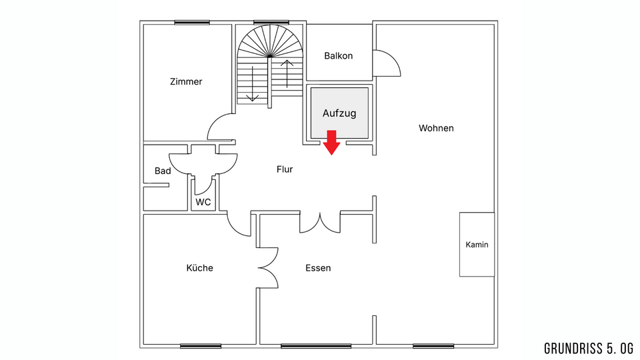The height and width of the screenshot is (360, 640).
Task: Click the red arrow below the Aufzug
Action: pos(331,143)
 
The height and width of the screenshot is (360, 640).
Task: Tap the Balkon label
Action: pos(339,55)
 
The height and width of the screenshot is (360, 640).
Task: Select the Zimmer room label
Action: pos(186,81)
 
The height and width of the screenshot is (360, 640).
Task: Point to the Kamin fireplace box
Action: pos(477,245)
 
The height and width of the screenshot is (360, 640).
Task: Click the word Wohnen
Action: pos(436,128)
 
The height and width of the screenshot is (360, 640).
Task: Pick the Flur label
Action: pos(285,169)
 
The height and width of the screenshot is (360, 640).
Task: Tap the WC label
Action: pos(203,202)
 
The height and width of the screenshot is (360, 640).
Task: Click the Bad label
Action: pos(163,171)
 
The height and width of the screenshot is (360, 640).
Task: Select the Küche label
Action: pos(199,268)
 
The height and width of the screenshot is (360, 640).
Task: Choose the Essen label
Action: pos(318,268)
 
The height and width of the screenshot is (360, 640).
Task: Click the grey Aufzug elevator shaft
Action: pos(339,113)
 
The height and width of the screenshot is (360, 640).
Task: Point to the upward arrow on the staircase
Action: pos(287,74)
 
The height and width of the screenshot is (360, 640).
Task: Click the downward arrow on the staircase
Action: pos(253,84)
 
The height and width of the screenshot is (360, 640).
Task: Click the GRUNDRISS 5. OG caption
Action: pos(589,348)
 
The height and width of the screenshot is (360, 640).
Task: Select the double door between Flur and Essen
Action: pos(320,223)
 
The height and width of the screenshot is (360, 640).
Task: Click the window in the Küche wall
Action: pos(201,346)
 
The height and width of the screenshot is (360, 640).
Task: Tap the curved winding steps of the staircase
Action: pos(270,40)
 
